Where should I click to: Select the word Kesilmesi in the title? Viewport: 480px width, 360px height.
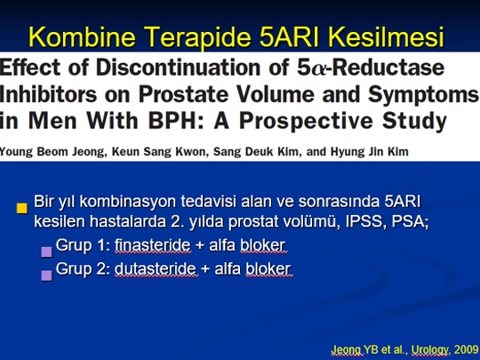pos(386,36)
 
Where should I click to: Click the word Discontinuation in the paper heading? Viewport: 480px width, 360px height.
pos(178,67)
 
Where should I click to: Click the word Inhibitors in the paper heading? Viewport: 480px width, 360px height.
pos(48,94)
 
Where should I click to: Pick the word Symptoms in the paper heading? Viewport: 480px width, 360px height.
pos(423,95)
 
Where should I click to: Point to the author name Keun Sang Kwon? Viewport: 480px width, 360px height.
pos(160,152)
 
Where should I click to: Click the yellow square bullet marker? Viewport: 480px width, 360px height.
pos(22,209)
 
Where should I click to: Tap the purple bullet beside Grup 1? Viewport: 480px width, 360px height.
pos(46,252)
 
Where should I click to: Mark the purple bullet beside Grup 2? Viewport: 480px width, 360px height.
pos(46,276)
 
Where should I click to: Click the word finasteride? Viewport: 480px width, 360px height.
pos(153,245)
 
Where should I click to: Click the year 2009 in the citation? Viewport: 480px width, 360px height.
pos(467,349)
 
